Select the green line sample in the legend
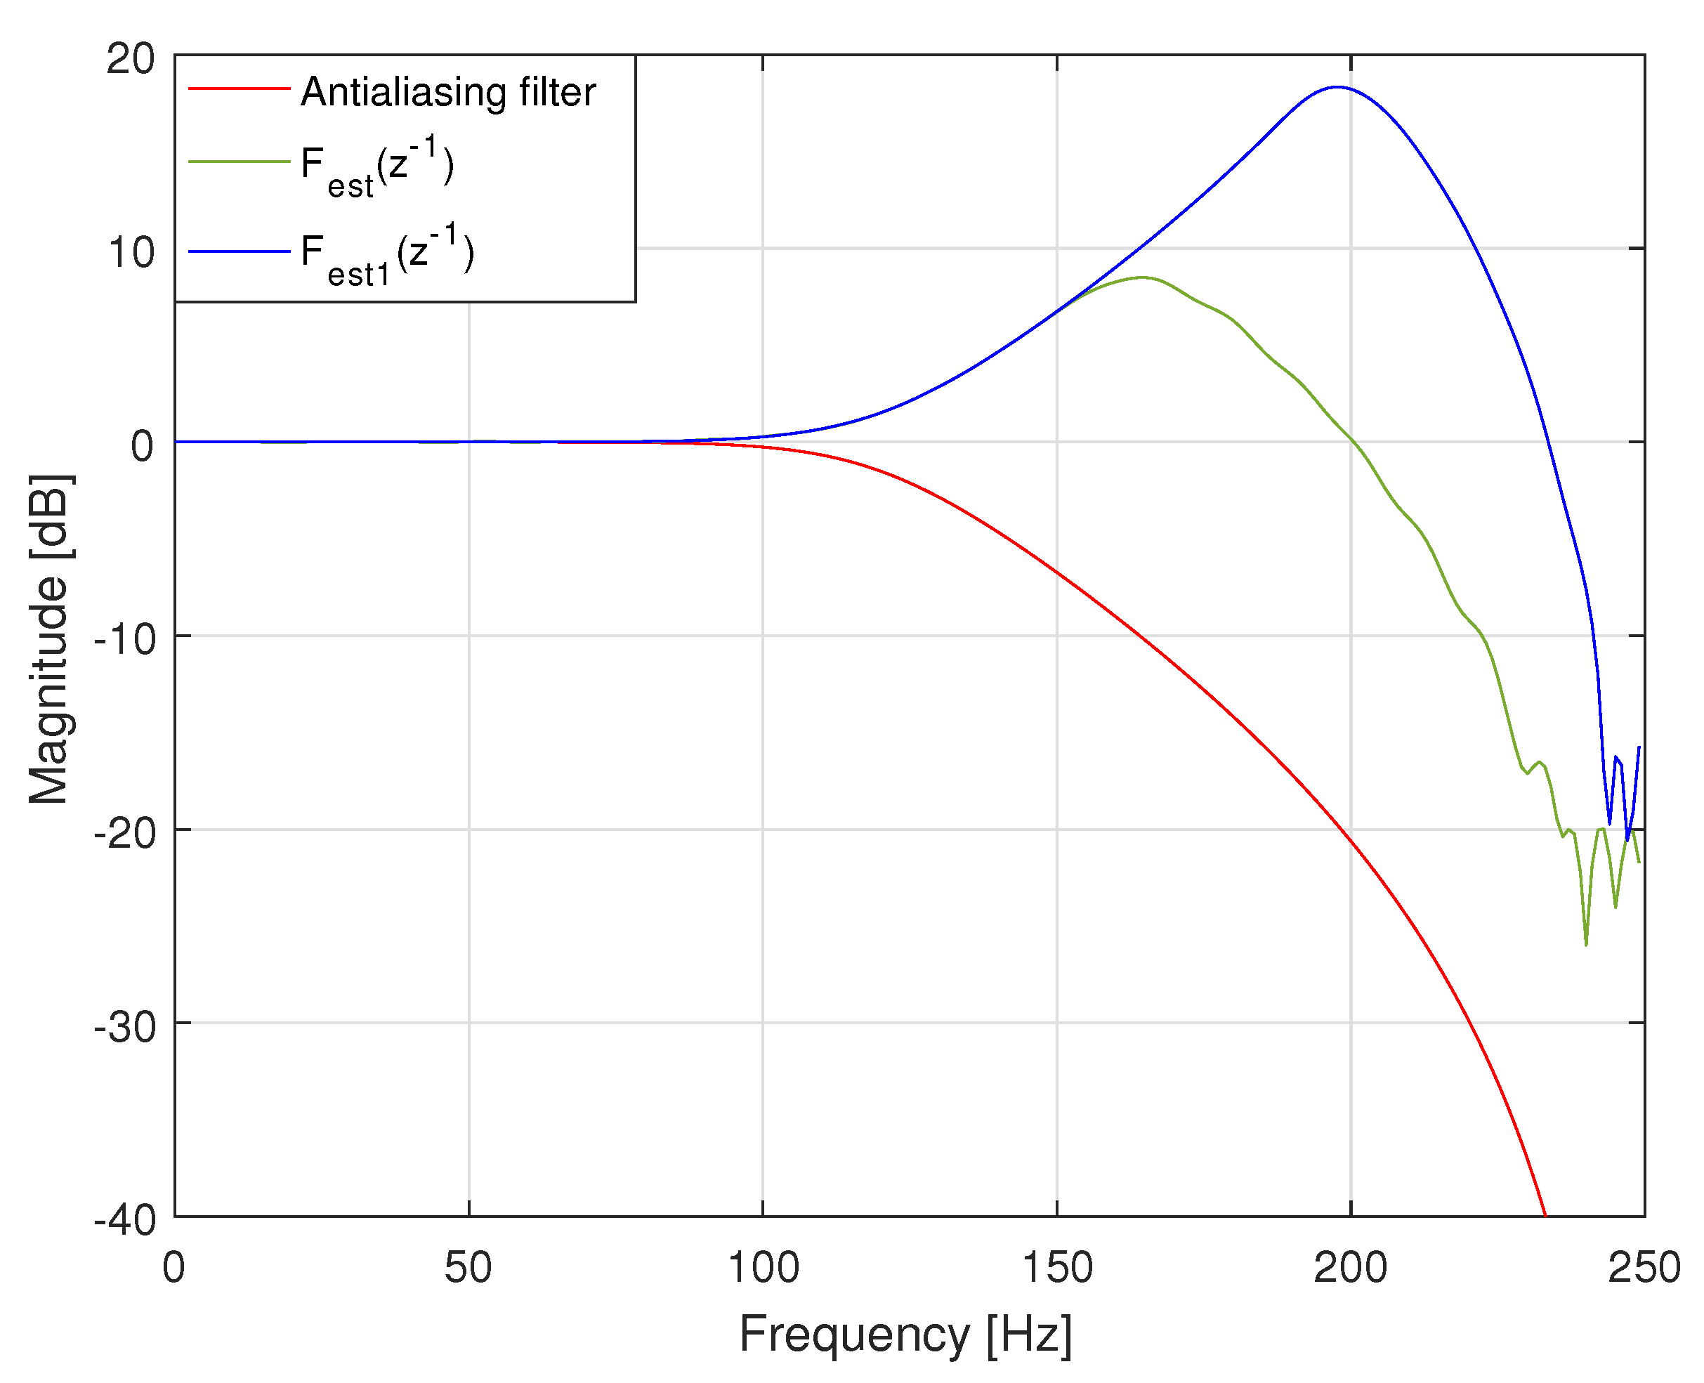click(x=238, y=162)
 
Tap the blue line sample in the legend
click(x=238, y=251)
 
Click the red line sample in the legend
click(x=238, y=88)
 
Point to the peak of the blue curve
click(x=1336, y=87)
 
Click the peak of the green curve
click(x=1142, y=277)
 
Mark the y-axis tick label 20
click(x=131, y=58)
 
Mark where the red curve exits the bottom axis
click(x=1545, y=1215)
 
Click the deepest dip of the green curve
click(x=1585, y=945)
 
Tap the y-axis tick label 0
click(x=142, y=446)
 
